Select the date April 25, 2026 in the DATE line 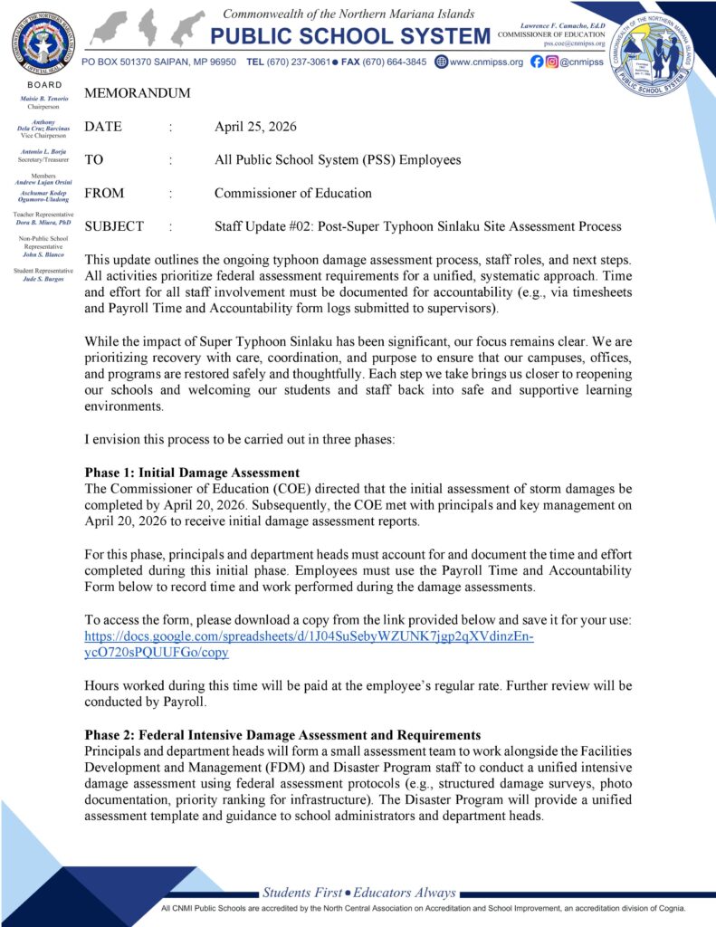[255, 127]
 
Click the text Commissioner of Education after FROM [292, 193]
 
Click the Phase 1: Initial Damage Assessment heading [192, 472]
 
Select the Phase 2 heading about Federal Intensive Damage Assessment [282, 734]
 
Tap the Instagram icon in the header [551, 62]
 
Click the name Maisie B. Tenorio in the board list [43, 98]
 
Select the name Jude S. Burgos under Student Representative [43, 279]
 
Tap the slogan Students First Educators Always [359, 893]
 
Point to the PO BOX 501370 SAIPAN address [158, 62]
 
